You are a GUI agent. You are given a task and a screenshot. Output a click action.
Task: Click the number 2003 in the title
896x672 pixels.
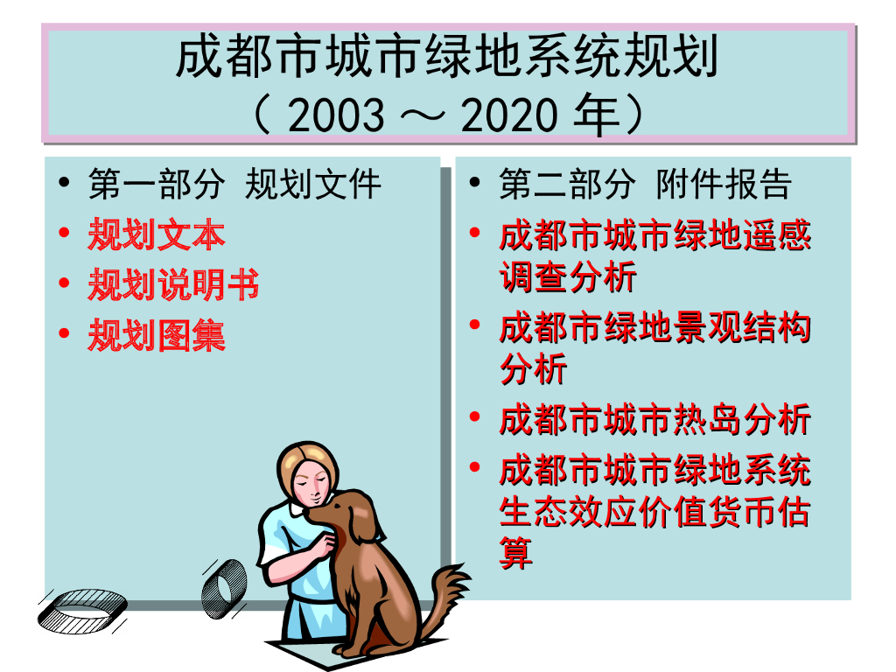(335, 115)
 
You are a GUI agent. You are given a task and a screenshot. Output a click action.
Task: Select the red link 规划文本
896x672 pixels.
(157, 235)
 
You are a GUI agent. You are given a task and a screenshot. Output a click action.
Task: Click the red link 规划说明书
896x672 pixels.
(173, 285)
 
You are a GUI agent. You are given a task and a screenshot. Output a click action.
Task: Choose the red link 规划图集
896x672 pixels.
(157, 335)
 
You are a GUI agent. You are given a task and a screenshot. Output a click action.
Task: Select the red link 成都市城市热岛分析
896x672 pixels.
(654, 420)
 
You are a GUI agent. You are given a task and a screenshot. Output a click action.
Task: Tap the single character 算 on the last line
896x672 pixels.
(516, 553)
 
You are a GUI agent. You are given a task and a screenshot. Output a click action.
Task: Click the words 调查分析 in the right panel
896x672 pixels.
(568, 278)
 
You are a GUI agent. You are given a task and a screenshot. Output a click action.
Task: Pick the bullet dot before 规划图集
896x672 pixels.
(63, 333)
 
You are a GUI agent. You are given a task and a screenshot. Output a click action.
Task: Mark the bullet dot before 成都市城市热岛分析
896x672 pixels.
(474, 418)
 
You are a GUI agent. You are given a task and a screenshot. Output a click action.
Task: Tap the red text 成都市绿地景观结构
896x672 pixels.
(654, 329)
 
